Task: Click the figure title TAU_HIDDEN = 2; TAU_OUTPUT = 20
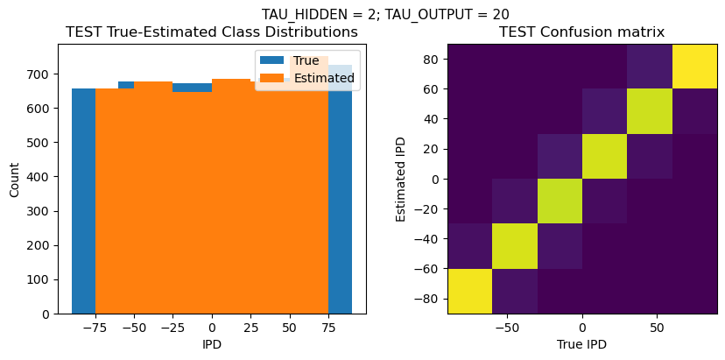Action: pyautogui.click(x=385, y=14)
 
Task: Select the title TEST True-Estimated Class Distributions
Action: pyautogui.click(x=212, y=32)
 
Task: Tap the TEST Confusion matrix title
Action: pyautogui.click(x=581, y=32)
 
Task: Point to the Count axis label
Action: pyautogui.click(x=14, y=179)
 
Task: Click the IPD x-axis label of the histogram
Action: pyautogui.click(x=212, y=344)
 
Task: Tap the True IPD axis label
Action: pyautogui.click(x=581, y=344)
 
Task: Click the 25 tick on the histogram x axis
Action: pyautogui.click(x=250, y=327)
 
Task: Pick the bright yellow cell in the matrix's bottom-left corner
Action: pyautogui.click(x=469, y=291)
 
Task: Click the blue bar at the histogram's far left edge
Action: pyautogui.click(x=83, y=201)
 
